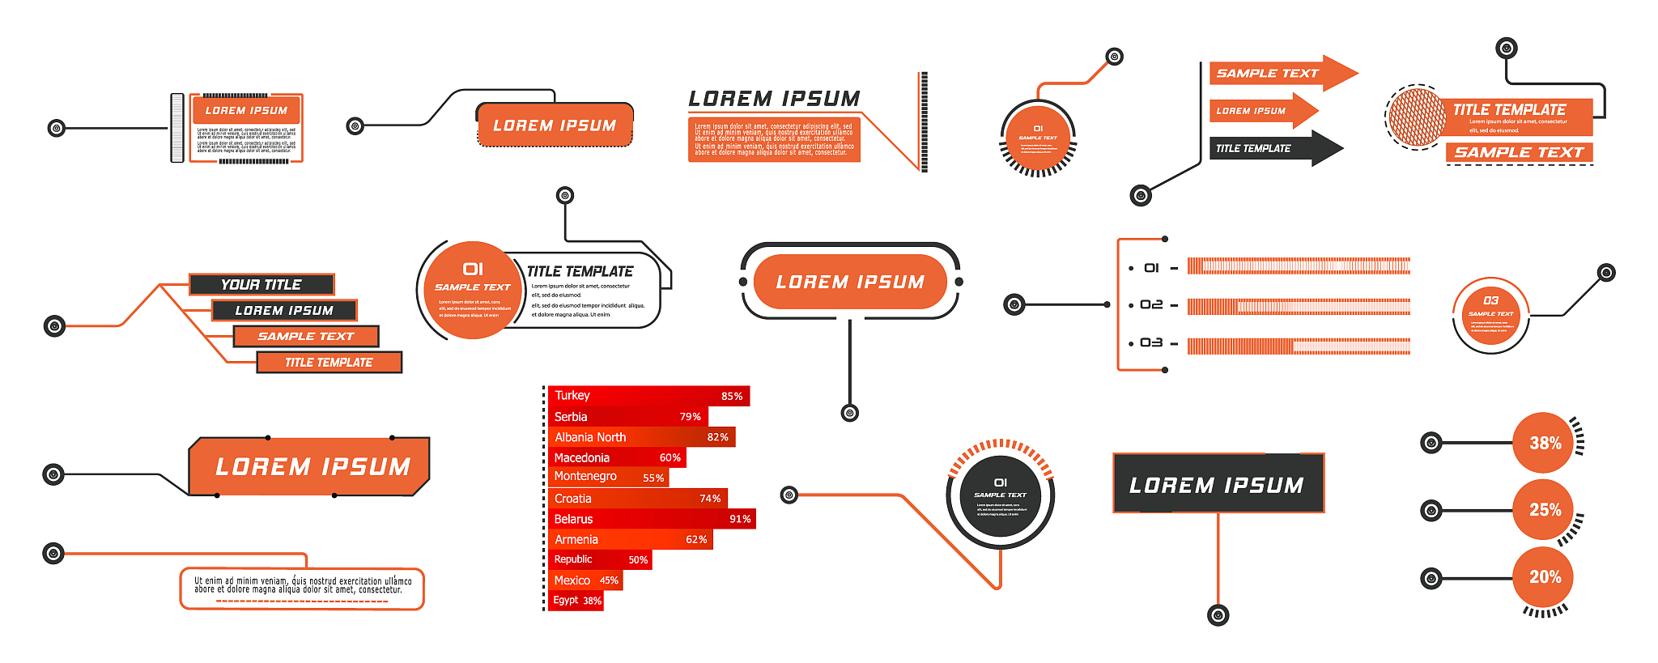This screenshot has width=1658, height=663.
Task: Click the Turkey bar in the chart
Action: point(648,396)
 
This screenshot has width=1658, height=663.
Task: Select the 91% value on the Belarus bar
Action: point(740,519)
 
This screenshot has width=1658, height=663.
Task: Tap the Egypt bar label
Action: point(566,600)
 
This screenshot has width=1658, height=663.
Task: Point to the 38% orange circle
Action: point(1544,443)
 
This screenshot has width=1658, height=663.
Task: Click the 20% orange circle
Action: point(1544,576)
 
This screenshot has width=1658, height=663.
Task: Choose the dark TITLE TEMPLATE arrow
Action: point(1271,148)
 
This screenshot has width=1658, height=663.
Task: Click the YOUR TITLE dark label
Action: point(261,284)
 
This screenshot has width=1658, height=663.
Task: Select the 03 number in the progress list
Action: point(1151,343)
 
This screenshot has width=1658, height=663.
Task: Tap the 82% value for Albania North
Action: point(717,437)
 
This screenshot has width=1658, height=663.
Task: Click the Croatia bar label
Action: point(572,499)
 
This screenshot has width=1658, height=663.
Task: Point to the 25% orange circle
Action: point(1544,510)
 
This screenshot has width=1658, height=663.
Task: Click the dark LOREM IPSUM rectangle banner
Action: point(1218,484)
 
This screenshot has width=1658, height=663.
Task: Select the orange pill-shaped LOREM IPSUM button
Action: point(850,282)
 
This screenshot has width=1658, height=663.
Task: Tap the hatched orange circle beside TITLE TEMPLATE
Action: point(1417,118)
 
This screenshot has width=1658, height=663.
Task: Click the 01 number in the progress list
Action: point(1151,268)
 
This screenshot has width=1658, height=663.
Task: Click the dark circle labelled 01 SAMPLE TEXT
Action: point(1001,495)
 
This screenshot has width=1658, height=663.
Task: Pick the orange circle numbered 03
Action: point(1490,315)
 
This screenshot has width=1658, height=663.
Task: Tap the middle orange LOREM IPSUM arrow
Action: point(1259,111)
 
